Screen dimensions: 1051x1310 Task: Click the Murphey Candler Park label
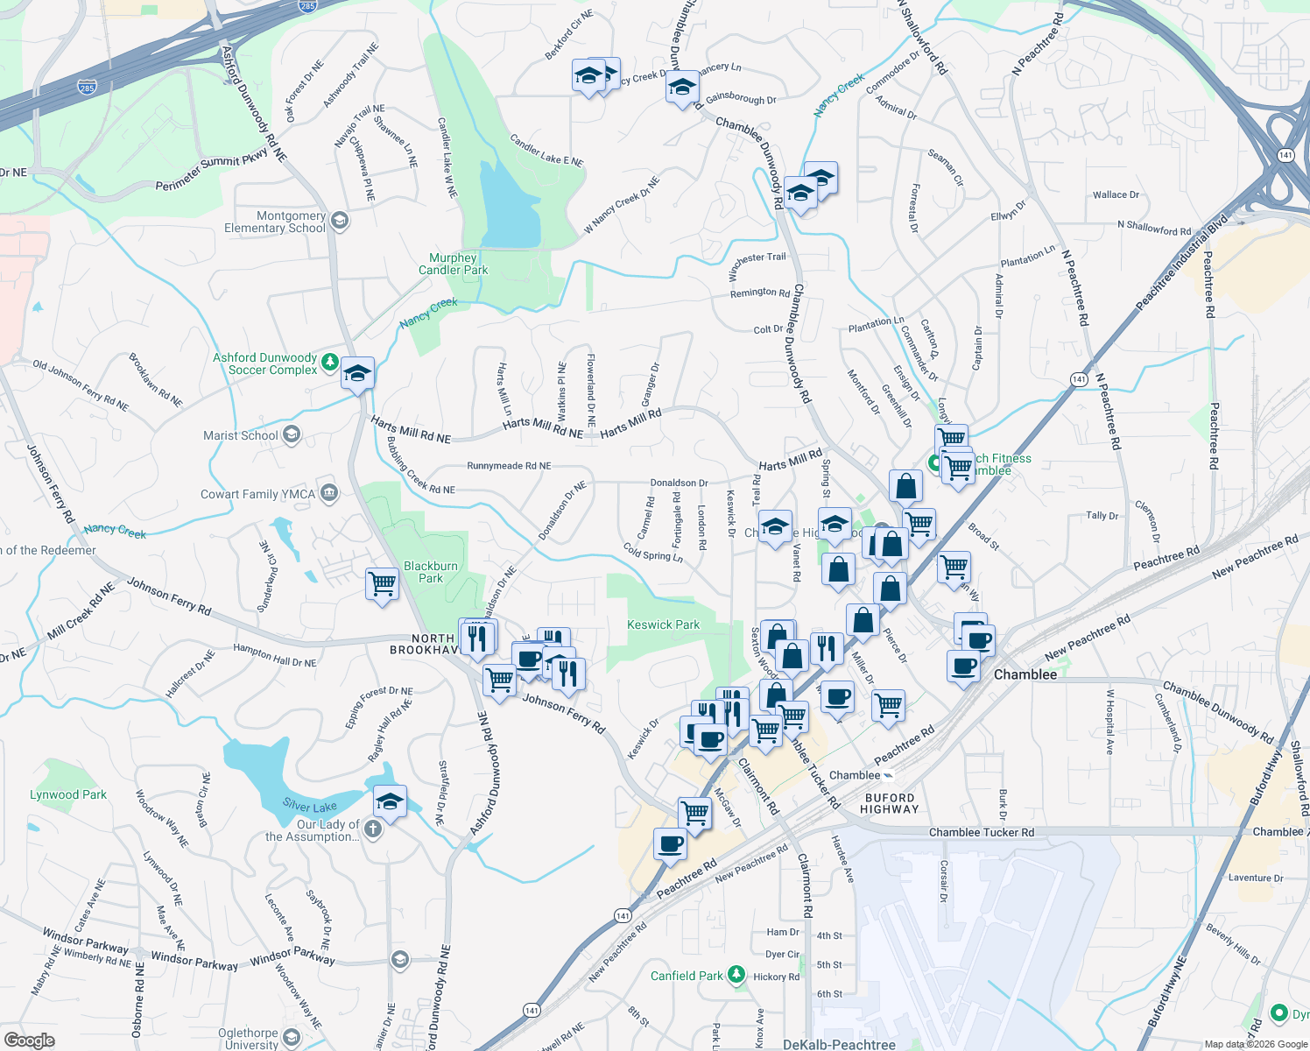453,264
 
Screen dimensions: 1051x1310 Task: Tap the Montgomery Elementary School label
275,222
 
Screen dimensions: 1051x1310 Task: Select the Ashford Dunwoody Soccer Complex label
265,363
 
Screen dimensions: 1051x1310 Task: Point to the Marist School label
241,435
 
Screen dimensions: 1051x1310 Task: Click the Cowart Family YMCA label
257,494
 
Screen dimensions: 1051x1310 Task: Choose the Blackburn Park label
431,572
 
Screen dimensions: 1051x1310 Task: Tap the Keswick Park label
663,624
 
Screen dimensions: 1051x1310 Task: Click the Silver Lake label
309,806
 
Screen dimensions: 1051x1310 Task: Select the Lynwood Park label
68,794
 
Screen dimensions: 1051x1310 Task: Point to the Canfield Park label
687,976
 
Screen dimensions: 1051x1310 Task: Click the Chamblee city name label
1025,674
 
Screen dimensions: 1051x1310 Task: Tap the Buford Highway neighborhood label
890,803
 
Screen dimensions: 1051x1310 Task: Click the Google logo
29,1040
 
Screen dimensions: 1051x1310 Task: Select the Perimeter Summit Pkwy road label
211,173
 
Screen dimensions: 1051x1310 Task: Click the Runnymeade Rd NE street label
509,466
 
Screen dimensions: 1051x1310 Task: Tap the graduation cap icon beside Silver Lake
390,801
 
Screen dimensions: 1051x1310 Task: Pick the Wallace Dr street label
1116,194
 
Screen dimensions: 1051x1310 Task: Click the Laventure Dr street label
1256,878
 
